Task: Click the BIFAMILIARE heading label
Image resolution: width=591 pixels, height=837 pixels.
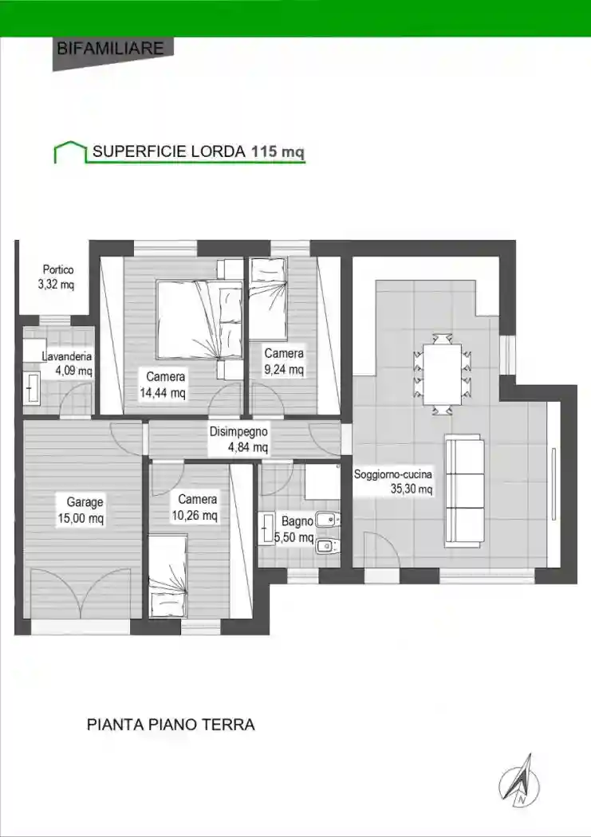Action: (111, 48)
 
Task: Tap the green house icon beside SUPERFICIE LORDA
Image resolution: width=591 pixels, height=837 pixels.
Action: (69, 151)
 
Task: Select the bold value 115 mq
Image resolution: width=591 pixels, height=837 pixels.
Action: (278, 151)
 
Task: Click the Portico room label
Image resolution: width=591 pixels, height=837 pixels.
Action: (58, 270)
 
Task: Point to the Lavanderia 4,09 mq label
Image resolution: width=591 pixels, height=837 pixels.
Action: (68, 363)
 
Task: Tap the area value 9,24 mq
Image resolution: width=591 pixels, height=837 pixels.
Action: (284, 369)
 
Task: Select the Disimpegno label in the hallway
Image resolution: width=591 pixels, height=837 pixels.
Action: (238, 432)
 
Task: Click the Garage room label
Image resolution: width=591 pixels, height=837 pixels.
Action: (85, 502)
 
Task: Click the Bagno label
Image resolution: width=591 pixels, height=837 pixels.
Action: (297, 522)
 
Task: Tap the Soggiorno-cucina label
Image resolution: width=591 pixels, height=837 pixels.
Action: (393, 474)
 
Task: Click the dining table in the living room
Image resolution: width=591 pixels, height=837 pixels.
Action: (441, 373)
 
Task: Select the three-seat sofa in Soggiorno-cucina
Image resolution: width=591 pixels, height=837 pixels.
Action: (464, 490)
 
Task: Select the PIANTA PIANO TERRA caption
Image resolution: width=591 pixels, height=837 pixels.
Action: (170, 725)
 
